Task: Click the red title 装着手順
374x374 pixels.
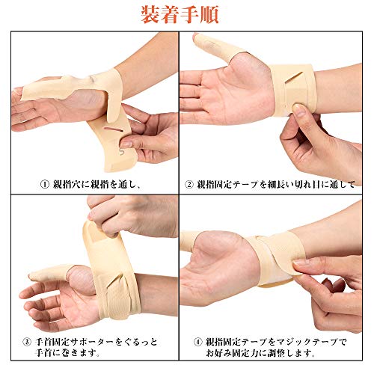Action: click(x=186, y=15)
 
